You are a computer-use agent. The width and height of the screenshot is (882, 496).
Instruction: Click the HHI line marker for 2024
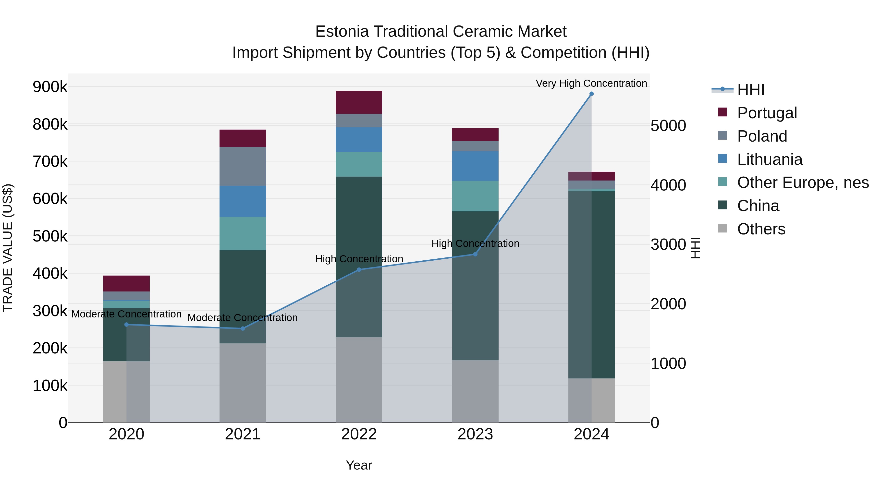[591, 94]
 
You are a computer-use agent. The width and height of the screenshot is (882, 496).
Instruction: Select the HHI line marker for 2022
[359, 270]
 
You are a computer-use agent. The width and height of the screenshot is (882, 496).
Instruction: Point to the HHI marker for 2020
[126, 325]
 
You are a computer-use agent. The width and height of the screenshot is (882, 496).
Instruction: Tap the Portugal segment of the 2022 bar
[359, 102]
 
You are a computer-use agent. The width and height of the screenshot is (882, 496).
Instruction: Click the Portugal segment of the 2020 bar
[126, 283]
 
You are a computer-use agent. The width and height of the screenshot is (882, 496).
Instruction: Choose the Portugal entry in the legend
[767, 113]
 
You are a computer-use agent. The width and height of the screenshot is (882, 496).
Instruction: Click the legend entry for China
[758, 206]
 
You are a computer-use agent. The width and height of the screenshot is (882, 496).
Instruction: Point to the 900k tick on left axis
[50, 87]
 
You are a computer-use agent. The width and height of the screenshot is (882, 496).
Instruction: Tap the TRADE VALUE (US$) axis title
[8, 248]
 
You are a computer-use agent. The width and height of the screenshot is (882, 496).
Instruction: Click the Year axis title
[359, 465]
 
